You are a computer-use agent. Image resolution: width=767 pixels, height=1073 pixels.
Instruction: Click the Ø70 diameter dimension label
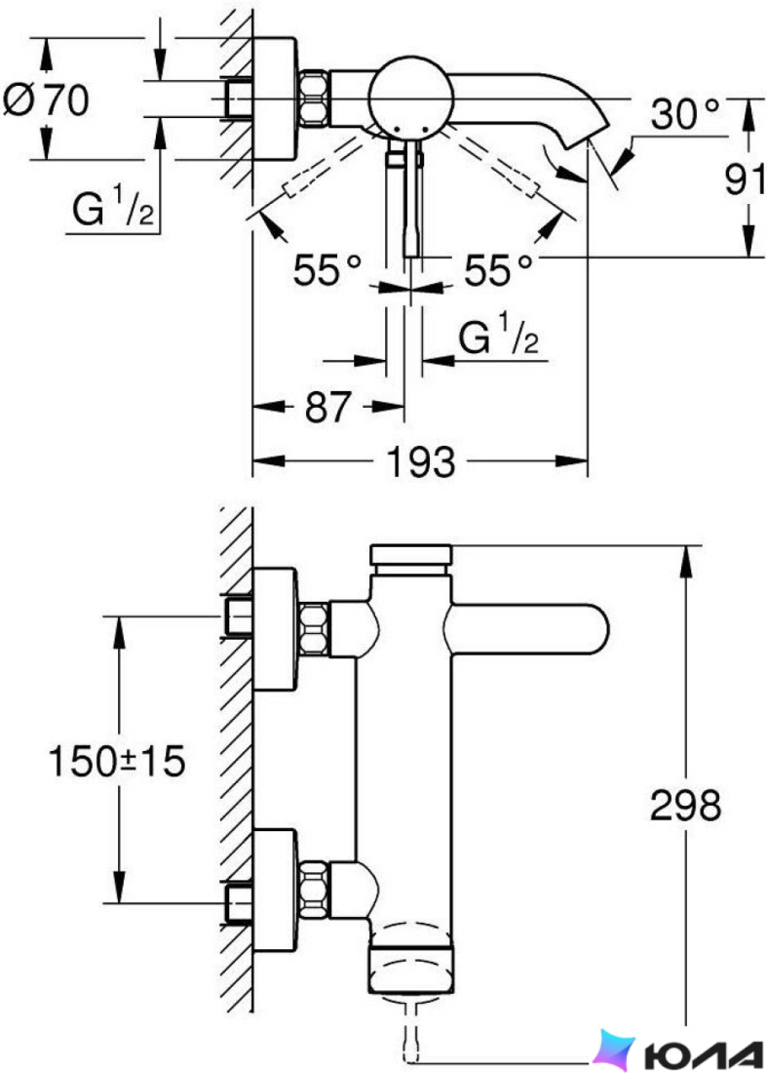(46, 99)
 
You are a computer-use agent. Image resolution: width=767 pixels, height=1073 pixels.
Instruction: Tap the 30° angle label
(686, 113)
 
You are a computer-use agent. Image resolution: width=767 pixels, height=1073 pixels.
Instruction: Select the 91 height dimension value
(745, 179)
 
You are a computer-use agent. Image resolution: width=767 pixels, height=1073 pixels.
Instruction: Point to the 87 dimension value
(327, 407)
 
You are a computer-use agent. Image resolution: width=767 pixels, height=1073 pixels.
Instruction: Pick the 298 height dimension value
(685, 805)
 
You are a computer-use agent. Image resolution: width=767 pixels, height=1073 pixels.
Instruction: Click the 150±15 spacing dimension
(117, 760)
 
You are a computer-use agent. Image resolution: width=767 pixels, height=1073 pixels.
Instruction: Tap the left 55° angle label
(326, 269)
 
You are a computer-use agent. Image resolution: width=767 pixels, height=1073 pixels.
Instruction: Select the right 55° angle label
(498, 269)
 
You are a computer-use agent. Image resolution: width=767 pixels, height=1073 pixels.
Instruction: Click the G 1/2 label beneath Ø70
(113, 208)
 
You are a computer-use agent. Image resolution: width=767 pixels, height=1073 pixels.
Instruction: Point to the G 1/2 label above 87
(498, 334)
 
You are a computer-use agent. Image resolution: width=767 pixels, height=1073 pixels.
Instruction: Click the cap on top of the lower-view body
(410, 555)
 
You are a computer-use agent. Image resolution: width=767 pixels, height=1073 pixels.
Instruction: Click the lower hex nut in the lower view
(315, 888)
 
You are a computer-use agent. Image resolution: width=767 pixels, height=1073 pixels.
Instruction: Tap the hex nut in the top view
(315, 98)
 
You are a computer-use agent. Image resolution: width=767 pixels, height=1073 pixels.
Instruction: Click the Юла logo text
(704, 1054)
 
